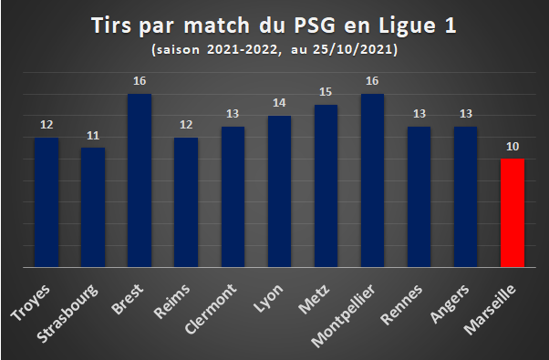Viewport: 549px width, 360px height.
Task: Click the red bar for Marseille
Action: tap(513, 212)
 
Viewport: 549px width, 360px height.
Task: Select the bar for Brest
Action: tap(140, 180)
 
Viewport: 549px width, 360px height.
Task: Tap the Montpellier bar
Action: tap(372, 180)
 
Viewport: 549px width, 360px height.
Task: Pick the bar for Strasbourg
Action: tap(93, 208)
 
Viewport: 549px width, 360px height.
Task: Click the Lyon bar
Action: tap(279, 191)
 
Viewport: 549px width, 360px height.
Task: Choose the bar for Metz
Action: tap(326, 186)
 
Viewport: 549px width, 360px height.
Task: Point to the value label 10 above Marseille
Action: tap(513, 147)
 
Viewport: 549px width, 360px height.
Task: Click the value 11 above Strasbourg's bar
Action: tap(93, 136)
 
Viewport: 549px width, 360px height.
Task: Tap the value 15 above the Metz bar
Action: tap(326, 92)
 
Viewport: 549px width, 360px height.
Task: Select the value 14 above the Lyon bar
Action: tap(279, 103)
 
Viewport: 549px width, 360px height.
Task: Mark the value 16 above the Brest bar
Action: tap(140, 81)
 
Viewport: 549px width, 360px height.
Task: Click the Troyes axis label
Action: tap(30, 303)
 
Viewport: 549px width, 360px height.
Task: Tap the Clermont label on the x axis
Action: tap(211, 309)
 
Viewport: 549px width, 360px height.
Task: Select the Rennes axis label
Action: tap(401, 305)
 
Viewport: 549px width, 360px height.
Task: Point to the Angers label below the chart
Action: tap(450, 304)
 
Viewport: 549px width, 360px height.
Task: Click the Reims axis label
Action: tap(171, 302)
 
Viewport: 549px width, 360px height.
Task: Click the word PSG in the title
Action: tap(315, 26)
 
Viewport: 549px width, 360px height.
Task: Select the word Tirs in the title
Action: tap(111, 26)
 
